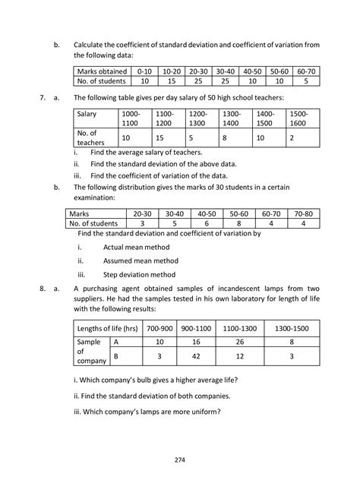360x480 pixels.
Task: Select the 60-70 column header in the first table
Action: point(305,69)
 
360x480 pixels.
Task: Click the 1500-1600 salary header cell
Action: point(301,117)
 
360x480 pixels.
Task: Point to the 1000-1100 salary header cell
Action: point(132,117)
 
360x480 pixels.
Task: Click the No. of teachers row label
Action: point(94,137)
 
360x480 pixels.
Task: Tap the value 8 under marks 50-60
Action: point(238,224)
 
